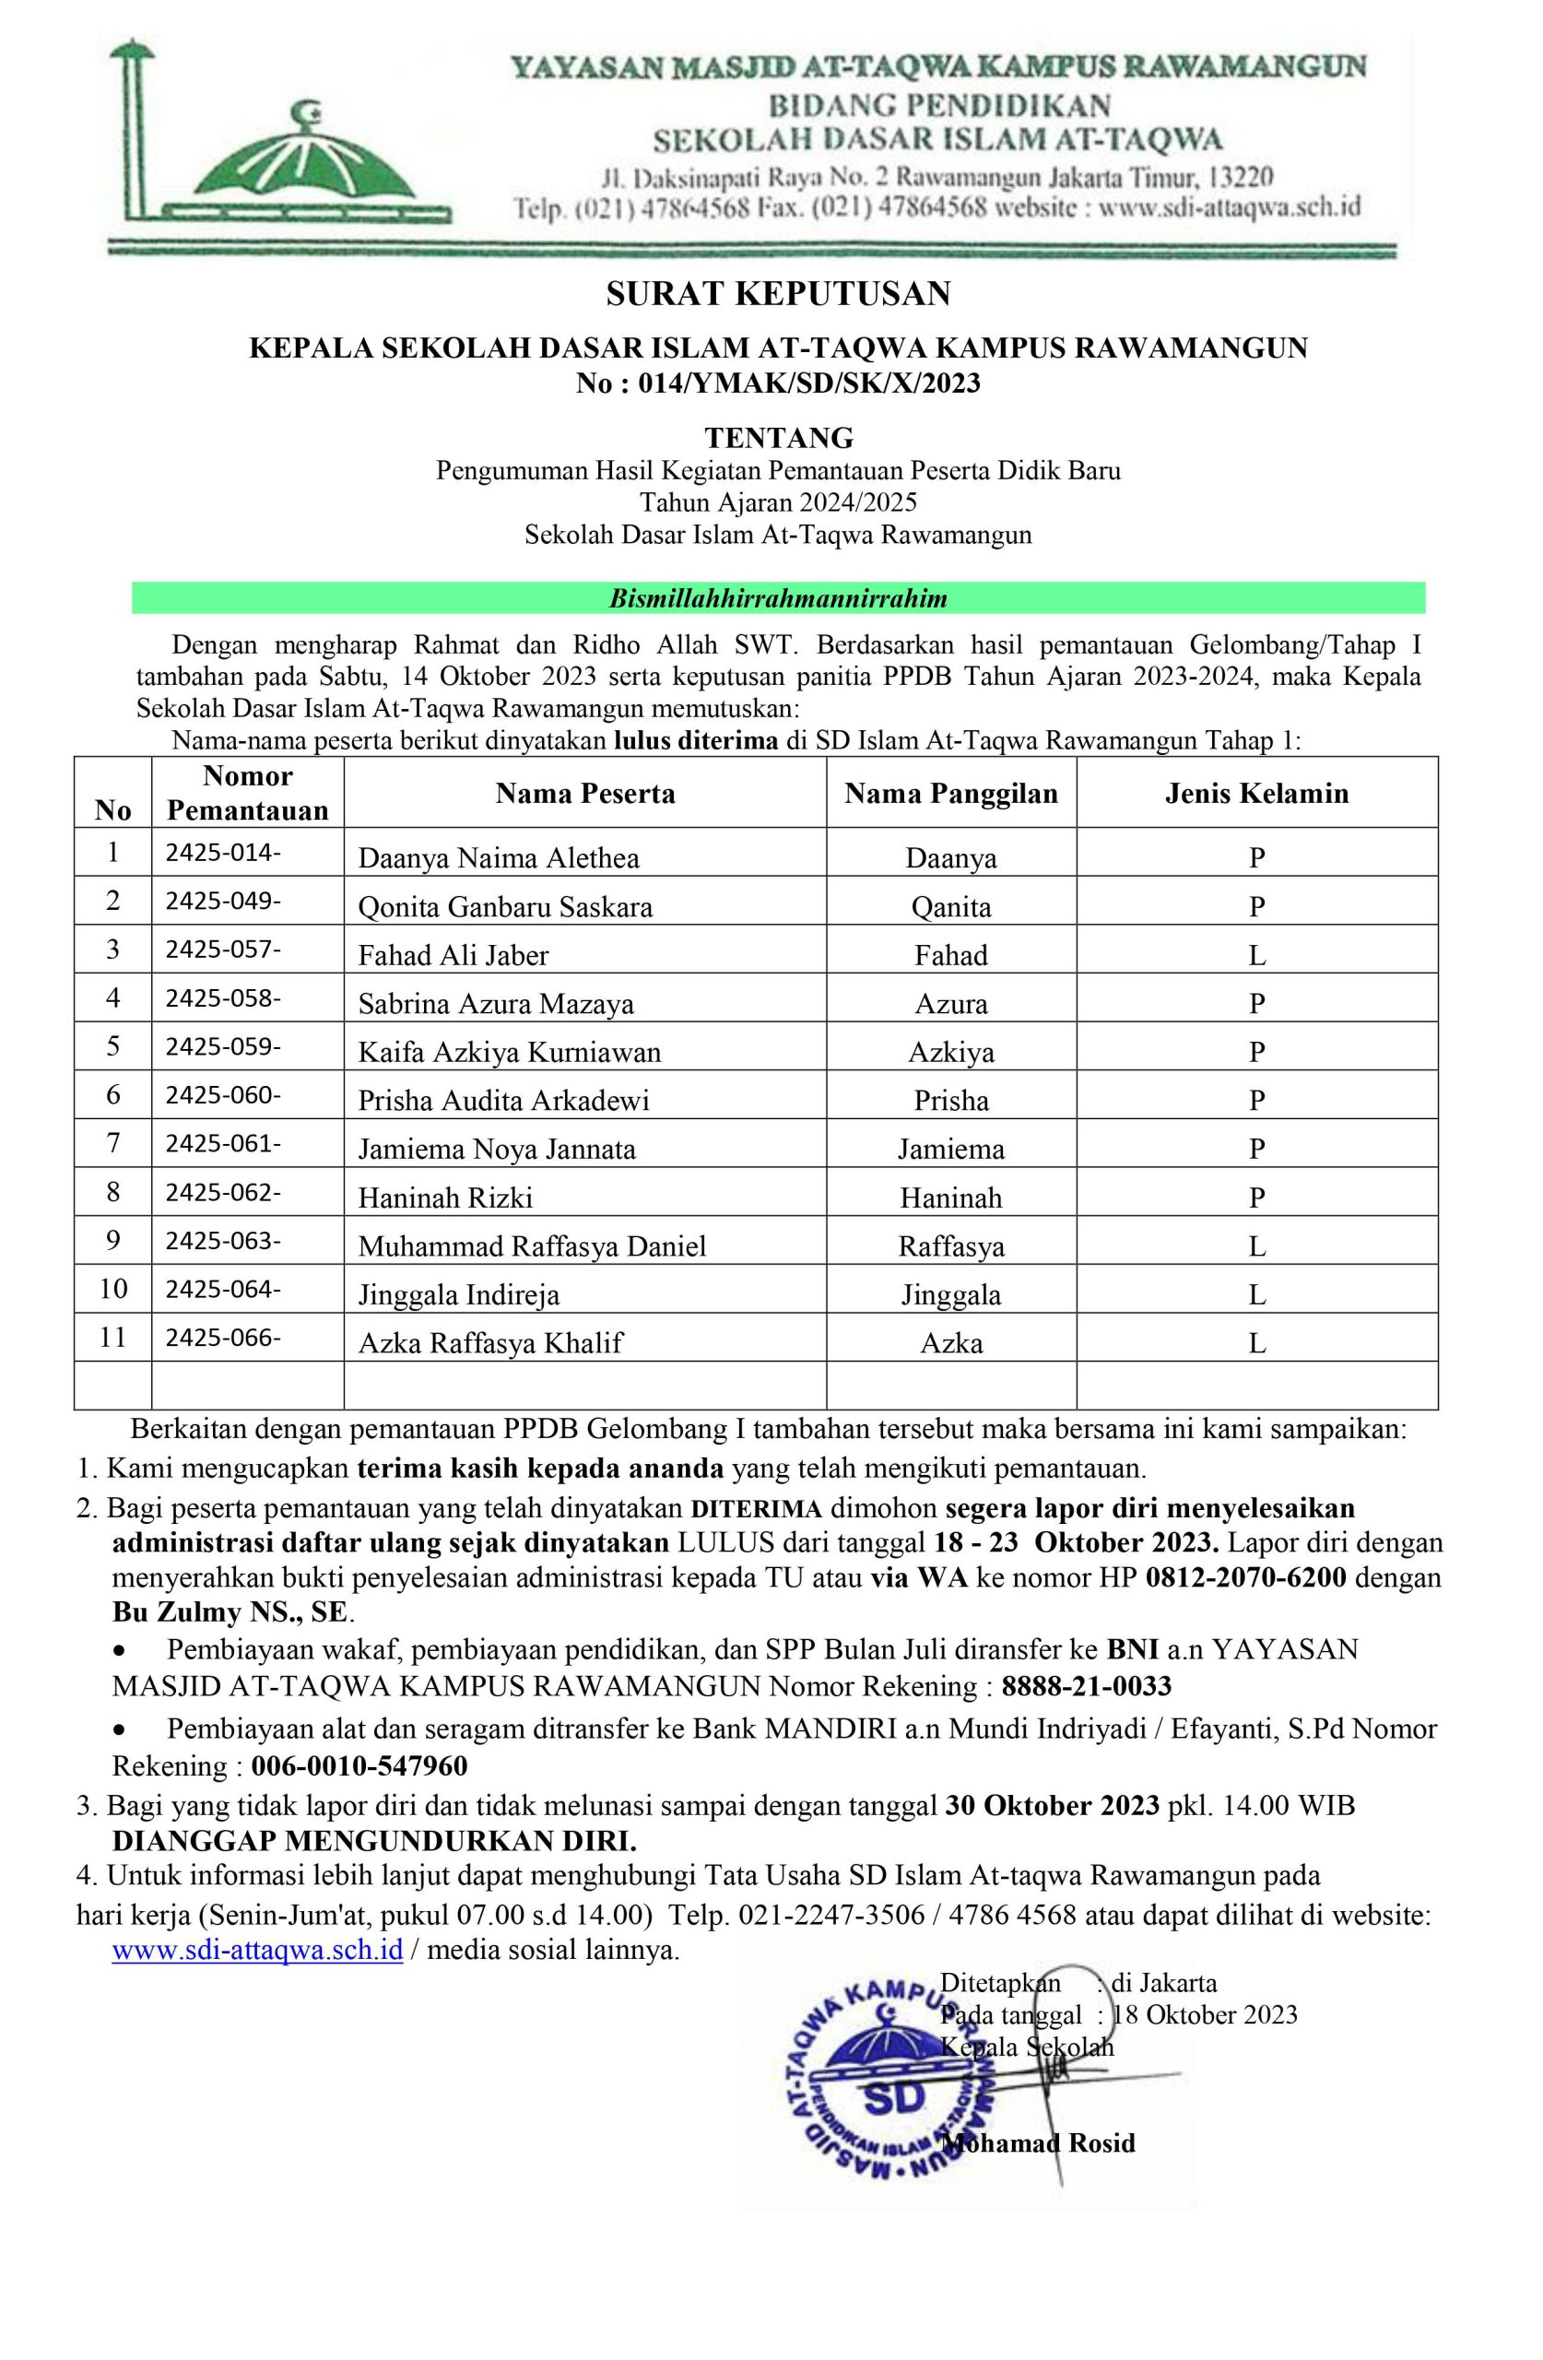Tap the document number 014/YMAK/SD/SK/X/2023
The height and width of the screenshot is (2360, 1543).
point(809,383)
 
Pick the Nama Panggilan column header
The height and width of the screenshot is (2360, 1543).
point(951,794)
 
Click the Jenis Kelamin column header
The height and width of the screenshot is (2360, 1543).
point(1256,794)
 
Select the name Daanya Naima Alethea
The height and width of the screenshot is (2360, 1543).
point(499,857)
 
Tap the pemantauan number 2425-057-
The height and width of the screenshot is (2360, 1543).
point(223,950)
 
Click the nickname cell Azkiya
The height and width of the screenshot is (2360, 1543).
point(951,1052)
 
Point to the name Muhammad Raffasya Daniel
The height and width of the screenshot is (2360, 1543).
point(533,1246)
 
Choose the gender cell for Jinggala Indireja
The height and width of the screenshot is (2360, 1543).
point(1256,1295)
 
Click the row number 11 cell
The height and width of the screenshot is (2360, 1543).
point(113,1338)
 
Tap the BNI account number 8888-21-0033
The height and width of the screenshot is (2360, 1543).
point(1086,1686)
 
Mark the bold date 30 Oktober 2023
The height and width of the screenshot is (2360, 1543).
point(1051,1806)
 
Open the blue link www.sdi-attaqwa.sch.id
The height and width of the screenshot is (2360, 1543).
point(257,1950)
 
